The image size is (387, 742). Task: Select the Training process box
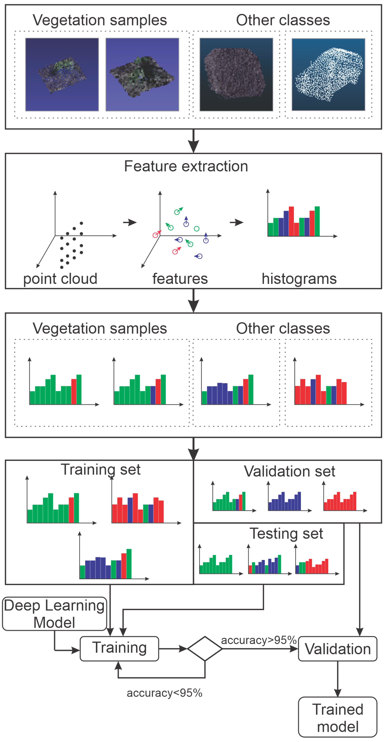click(119, 649)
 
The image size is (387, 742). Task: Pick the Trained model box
click(337, 717)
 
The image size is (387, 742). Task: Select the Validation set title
click(289, 471)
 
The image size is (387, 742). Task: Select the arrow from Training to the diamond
click(173, 649)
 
